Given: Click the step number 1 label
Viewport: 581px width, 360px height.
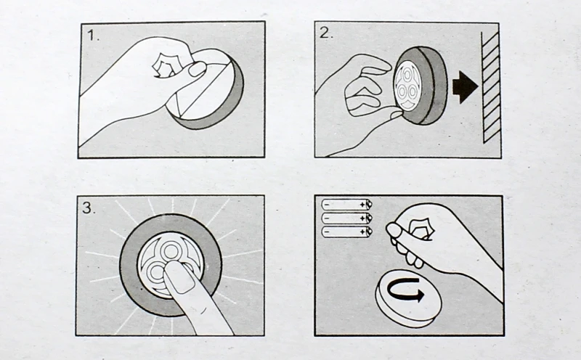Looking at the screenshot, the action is click(93, 35).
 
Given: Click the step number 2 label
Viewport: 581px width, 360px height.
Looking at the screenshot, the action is click(326, 33).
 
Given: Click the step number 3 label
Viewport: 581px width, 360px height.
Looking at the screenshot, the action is click(89, 208).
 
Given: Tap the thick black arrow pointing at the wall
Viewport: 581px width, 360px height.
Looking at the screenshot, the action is click(465, 87).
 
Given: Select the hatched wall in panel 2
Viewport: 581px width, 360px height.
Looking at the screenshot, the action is click(491, 87).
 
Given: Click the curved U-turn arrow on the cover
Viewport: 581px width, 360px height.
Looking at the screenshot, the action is click(405, 290).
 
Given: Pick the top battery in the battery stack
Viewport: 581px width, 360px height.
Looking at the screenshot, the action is click(346, 205).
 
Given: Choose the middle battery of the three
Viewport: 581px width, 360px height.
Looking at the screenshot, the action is click(346, 218).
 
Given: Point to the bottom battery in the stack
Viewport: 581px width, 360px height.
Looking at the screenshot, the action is click(346, 232).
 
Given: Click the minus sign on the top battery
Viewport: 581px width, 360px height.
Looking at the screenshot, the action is click(326, 205).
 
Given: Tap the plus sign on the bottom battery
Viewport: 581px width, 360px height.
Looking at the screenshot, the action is click(362, 232).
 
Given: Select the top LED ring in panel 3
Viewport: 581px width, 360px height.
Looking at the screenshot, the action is click(170, 250).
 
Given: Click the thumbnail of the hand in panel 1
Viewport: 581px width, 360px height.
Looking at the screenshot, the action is click(197, 69).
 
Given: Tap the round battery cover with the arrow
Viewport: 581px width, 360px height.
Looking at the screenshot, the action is click(408, 298).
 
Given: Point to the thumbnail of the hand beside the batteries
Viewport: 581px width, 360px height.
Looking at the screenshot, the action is click(394, 230).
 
